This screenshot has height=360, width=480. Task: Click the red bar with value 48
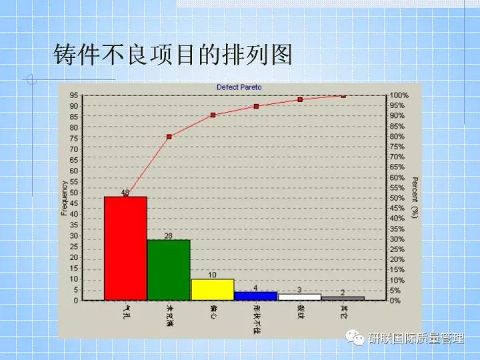pos(125,248)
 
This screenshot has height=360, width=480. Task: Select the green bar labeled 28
pos(169,270)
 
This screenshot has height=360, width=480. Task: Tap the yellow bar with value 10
pos(212,289)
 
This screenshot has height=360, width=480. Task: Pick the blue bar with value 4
pos(256,295)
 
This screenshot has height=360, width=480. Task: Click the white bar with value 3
pos(299,297)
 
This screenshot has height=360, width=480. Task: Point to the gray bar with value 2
pos(343,298)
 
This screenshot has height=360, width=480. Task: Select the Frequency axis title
pos(65,198)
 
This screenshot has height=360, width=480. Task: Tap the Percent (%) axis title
pos(415,198)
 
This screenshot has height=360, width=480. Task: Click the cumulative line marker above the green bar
pos(169,137)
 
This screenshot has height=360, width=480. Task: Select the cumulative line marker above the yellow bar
pos(213,115)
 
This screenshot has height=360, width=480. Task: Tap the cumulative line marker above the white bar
pos(300,99)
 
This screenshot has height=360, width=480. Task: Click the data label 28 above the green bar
pos(169,236)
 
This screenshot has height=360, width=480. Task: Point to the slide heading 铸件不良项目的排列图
pos(173,55)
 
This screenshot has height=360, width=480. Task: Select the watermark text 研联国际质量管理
pos(415,338)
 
